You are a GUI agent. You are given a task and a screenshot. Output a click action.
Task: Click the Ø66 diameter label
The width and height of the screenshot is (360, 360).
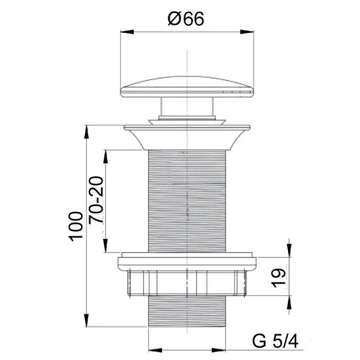click(x=186, y=19)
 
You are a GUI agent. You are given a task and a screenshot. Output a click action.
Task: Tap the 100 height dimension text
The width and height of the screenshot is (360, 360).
click(x=76, y=226)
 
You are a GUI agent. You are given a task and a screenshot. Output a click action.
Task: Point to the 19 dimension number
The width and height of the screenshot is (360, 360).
click(x=279, y=278)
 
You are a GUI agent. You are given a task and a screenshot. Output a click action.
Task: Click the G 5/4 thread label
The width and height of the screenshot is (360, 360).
click(x=275, y=341)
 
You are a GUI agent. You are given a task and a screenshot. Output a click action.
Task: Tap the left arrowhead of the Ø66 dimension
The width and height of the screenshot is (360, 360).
click(x=127, y=32)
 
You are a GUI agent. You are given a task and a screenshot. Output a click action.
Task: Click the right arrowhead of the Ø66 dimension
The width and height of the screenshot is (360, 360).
click(x=247, y=32)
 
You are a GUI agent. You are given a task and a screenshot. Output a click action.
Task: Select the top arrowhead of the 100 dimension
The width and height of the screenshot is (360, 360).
click(x=86, y=132)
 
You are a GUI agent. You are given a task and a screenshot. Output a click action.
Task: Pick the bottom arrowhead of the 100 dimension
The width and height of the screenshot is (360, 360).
click(x=86, y=320)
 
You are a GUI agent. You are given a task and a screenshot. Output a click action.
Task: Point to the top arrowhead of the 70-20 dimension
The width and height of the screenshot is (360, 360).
click(x=106, y=157)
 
